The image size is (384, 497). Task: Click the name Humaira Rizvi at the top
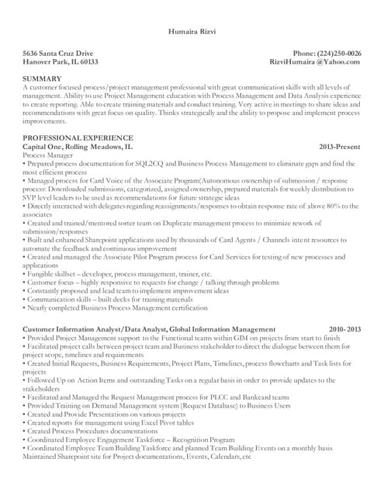[x=192, y=32]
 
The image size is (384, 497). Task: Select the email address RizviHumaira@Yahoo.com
[x=315, y=61]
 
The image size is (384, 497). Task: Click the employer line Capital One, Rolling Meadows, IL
[x=78, y=146]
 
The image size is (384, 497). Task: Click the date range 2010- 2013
[x=344, y=329]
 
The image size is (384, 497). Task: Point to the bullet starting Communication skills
[x=109, y=300]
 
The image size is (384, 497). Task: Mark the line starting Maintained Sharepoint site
[x=137, y=457]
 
